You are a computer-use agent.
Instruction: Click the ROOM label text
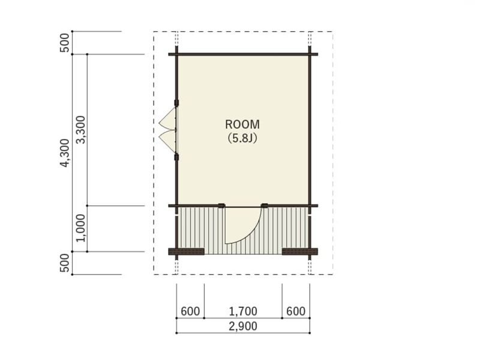tap(242, 124)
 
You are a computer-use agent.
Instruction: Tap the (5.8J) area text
tap(242, 138)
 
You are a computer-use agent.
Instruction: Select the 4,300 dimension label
tap(65, 153)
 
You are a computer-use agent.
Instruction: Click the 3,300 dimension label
tap(80, 130)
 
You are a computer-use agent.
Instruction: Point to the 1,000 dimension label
tap(80, 228)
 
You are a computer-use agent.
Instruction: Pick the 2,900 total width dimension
tap(243, 326)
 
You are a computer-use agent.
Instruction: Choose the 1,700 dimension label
tap(243, 311)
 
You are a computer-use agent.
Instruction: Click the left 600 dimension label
tap(190, 311)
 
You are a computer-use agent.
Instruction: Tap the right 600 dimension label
tap(296, 311)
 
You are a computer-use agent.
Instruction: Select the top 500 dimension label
tap(65, 43)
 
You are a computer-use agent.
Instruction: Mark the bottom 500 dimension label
tap(65, 263)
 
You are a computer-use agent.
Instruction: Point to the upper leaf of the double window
tap(168, 119)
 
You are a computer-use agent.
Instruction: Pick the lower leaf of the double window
tap(168, 142)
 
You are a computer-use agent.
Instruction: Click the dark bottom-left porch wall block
tap(187, 251)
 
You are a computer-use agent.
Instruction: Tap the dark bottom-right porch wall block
tap(299, 251)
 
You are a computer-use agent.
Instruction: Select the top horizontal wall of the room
tap(243, 54)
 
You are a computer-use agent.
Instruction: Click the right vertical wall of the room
tap(310, 153)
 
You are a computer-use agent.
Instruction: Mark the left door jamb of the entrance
tap(221, 206)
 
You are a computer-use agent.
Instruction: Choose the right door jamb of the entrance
tap(265, 206)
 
